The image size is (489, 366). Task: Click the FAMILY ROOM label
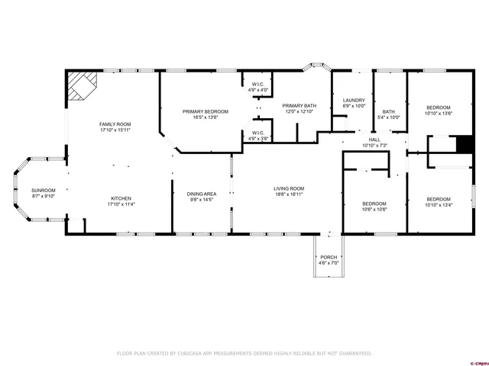(x=115, y=124)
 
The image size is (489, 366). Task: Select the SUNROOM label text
(x=43, y=190)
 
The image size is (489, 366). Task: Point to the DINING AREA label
(x=202, y=194)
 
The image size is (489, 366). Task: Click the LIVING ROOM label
(x=290, y=188)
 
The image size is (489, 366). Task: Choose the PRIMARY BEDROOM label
(x=205, y=111)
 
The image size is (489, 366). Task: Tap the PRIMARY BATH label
(x=299, y=105)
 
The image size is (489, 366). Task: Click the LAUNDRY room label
(x=354, y=100)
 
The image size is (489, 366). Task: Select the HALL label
(x=374, y=140)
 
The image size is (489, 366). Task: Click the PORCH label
(x=329, y=257)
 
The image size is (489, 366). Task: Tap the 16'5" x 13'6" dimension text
(x=205, y=117)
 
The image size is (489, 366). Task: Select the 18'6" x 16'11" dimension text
(x=290, y=194)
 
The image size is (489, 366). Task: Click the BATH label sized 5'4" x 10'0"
(x=389, y=111)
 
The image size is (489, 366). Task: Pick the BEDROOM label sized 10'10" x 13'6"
(x=439, y=108)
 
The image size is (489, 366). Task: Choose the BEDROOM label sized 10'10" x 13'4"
(x=439, y=198)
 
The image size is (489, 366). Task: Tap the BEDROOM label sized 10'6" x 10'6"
(x=374, y=204)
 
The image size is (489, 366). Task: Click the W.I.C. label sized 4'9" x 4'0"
(x=258, y=84)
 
